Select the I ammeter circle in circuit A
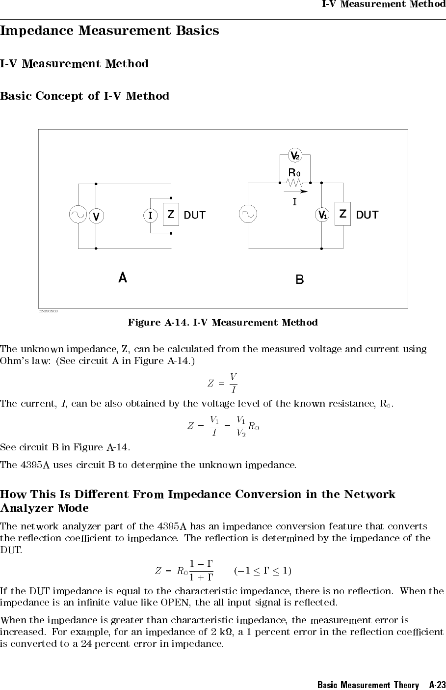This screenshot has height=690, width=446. tap(150, 215)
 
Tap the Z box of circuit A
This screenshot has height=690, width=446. tap(171, 215)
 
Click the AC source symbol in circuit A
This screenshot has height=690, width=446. tap(78, 215)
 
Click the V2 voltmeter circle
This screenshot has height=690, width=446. tap(295, 156)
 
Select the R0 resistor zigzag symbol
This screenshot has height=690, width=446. tap(295, 183)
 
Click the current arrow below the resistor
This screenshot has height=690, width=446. tap(296, 192)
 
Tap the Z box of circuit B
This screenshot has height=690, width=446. tap(343, 215)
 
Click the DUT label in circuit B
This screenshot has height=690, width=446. tap(367, 215)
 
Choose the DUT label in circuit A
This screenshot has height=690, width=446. tap(195, 215)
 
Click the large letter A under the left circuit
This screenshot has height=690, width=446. tap(123, 278)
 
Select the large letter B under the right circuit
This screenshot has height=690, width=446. tap(299, 280)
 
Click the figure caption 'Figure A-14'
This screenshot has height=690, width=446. tap(222, 323)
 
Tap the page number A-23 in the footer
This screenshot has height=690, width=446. tap(437, 685)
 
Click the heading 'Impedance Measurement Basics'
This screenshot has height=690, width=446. tap(109, 30)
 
